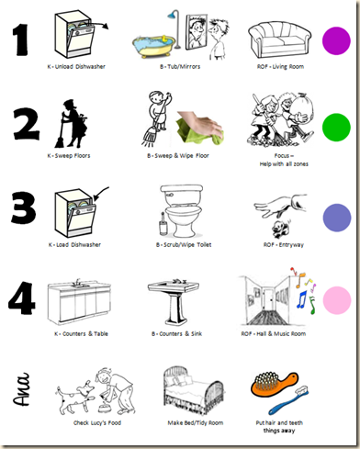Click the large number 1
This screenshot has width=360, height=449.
20,39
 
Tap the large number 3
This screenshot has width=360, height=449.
23,208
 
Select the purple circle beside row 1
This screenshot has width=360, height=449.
336,40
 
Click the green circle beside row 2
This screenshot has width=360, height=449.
336,128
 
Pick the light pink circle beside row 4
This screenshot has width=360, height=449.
337,300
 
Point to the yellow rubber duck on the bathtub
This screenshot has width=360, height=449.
164,39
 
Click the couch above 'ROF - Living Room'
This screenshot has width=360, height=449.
279,40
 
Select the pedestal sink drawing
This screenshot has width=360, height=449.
174,302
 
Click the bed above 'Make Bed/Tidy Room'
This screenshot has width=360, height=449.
194,391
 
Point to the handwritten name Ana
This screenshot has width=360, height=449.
21,389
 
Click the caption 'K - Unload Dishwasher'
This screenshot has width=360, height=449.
76,66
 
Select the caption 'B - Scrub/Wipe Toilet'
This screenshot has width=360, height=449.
184,244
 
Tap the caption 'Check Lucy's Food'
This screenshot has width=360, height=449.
97,422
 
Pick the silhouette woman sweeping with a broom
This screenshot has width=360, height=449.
71,124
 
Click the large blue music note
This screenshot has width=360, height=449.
302,299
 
